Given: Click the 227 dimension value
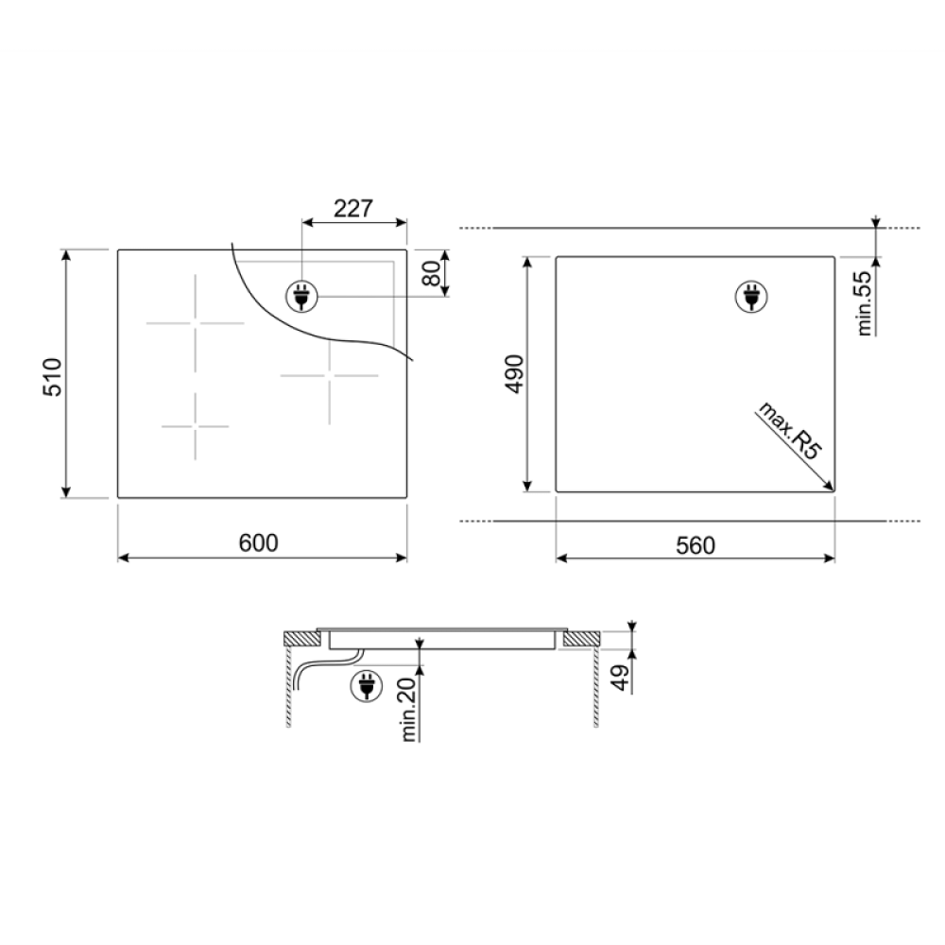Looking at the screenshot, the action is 353,209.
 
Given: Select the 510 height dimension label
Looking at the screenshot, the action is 53,377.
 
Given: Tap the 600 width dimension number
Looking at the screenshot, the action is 259,543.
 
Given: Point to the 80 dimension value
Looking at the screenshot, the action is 432,275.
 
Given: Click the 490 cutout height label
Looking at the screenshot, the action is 514,374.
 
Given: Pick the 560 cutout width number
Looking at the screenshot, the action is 696,545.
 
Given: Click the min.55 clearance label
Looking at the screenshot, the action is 865,303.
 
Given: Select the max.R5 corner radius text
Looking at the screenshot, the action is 788,432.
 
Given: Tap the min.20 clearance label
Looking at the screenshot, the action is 408,710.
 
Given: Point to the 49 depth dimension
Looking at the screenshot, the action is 621,678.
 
